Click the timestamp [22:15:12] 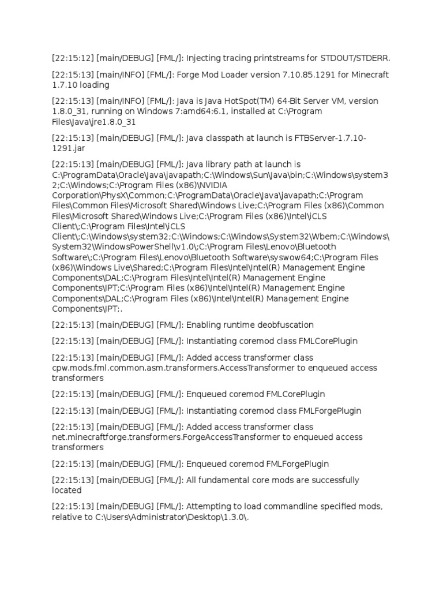[72, 59]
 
